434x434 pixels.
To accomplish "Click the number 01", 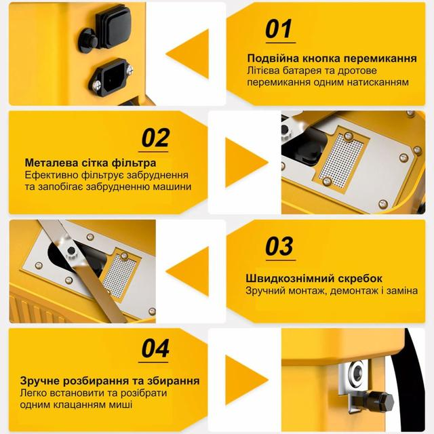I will pos(278,29).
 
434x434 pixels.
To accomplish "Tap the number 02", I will pos(155,138).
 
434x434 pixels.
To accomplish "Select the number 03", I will pos(279,246).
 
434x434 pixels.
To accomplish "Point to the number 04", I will pos(155,349).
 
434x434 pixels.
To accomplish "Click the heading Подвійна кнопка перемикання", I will pos(332,58).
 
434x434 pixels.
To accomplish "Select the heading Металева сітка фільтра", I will pos(91,163).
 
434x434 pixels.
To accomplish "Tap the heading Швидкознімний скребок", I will pos(314,279).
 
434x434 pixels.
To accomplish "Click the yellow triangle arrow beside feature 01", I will pos(187,54).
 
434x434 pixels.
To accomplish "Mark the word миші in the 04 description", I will pos(120,404).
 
